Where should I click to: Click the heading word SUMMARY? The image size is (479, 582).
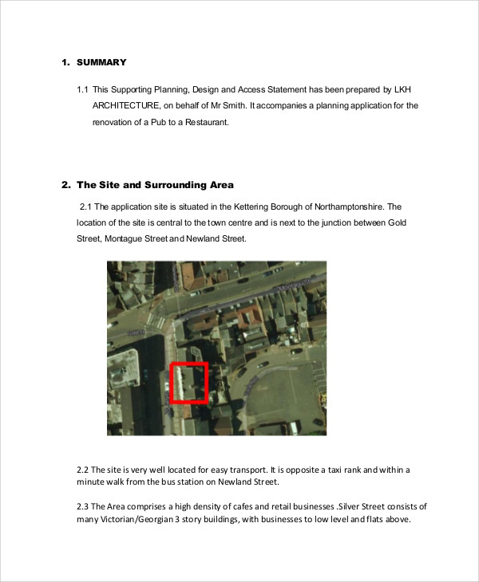pos(101,62)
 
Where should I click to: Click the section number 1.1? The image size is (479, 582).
pos(82,88)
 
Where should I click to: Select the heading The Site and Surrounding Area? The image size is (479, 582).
pos(155,185)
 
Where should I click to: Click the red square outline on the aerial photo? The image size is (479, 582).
pos(189,383)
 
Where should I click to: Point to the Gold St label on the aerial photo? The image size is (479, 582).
pos(136,330)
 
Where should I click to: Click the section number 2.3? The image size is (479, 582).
pos(82,506)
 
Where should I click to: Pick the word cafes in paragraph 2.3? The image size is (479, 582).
pos(234,506)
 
